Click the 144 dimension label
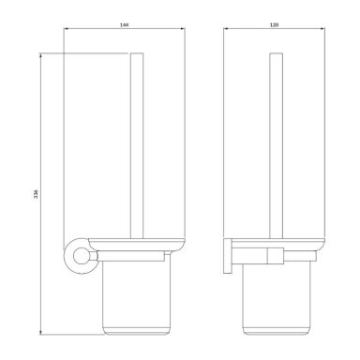pyautogui.click(x=125, y=24)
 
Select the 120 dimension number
pyautogui.click(x=274, y=24)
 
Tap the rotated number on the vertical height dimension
pyautogui.click(x=36, y=194)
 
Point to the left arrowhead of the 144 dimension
pyautogui.click(x=66, y=29)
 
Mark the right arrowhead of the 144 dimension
pyautogui.click(x=183, y=29)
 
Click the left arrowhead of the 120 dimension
pyautogui.click(x=226, y=29)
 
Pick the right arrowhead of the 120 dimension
pyautogui.click(x=322, y=29)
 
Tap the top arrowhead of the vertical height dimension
pyautogui.click(x=41, y=55)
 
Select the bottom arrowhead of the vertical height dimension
pyautogui.click(x=41, y=332)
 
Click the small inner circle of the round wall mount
pyautogui.click(x=81, y=256)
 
